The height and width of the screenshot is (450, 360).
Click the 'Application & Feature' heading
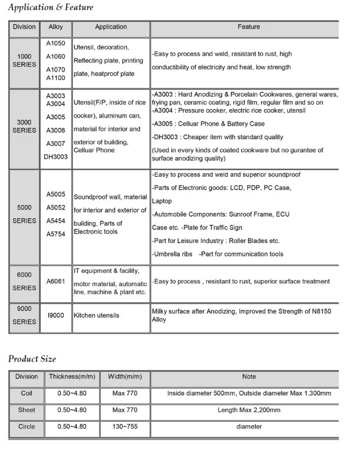(x=50, y=7)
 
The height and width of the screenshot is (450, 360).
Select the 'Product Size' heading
(x=32, y=358)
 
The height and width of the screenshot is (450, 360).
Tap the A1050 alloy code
(x=55, y=44)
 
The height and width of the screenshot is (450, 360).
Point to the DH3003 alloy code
(x=55, y=157)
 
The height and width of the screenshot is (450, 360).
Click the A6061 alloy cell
(x=55, y=282)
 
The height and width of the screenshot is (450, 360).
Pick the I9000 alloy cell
(x=55, y=316)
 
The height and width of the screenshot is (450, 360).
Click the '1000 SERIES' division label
(x=24, y=59)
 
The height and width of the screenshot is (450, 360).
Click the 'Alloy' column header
(x=55, y=27)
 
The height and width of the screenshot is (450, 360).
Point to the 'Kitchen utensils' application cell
(x=96, y=316)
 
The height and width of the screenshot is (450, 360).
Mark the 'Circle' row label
(x=26, y=426)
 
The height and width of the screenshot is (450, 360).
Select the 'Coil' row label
(x=26, y=393)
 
